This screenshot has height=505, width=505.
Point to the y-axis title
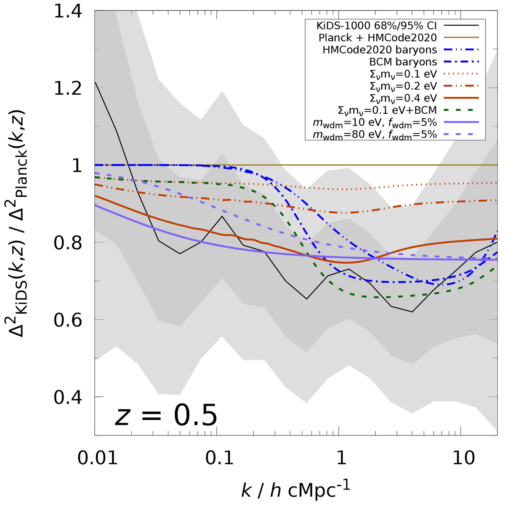click(19, 223)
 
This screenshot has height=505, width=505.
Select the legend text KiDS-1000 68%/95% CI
click(377, 26)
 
